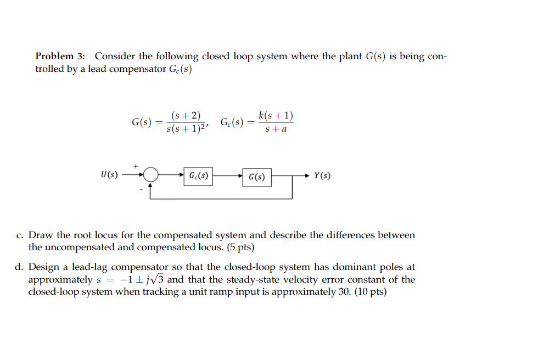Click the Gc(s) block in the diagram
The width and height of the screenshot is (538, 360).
click(x=198, y=176)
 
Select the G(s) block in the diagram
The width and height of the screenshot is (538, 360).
click(x=256, y=177)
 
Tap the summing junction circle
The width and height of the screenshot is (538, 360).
click(x=151, y=176)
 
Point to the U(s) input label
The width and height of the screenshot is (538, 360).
click(x=109, y=176)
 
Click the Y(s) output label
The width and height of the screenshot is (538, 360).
click(x=322, y=176)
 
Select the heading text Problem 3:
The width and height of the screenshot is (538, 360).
click(x=60, y=57)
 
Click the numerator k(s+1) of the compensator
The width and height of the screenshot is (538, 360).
click(x=276, y=116)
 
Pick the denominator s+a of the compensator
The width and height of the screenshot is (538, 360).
click(x=276, y=130)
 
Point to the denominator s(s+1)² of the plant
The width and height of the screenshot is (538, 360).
click(x=185, y=130)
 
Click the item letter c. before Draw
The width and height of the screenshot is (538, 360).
click(x=20, y=235)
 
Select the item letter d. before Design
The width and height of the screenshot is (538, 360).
click(x=20, y=267)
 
